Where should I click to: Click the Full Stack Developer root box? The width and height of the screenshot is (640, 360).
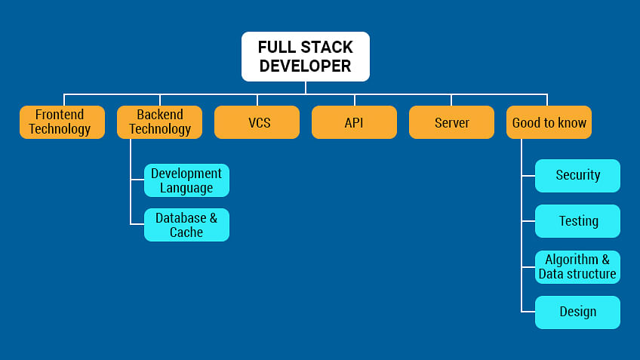(x=306, y=57)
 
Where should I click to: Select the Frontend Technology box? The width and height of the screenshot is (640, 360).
(x=62, y=122)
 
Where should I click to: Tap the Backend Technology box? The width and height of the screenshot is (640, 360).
(x=159, y=122)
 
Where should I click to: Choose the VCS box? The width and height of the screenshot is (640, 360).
(x=257, y=122)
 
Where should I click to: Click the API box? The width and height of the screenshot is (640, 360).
(x=354, y=122)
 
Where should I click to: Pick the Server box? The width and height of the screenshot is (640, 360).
(x=451, y=122)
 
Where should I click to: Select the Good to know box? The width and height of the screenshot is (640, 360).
(x=549, y=122)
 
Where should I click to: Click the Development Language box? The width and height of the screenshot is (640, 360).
(x=186, y=180)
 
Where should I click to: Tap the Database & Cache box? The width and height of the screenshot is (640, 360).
(x=186, y=225)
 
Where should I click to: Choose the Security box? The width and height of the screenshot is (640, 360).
(x=577, y=175)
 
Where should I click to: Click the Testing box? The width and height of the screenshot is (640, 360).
(x=577, y=221)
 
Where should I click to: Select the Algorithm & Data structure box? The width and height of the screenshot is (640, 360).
(x=577, y=266)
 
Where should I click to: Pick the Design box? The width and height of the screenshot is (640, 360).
(x=577, y=312)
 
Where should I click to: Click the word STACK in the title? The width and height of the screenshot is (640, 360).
(x=325, y=48)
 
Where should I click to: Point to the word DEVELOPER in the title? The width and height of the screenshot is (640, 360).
(x=306, y=66)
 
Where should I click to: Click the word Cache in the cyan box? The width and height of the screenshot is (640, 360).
(x=186, y=232)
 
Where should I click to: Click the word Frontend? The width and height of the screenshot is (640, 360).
(x=60, y=115)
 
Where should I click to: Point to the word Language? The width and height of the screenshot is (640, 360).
(x=186, y=188)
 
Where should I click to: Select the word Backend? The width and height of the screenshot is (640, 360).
(x=159, y=115)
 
